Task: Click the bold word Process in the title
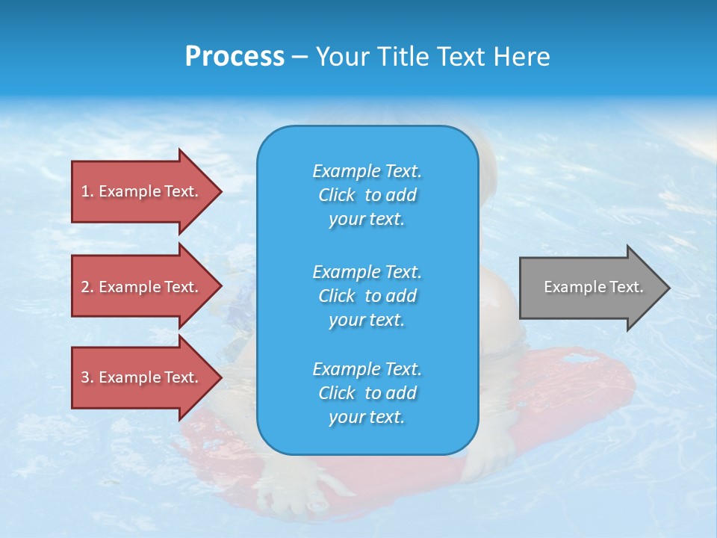(x=235, y=57)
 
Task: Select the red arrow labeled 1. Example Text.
(x=142, y=191)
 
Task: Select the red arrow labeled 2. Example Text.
(x=142, y=287)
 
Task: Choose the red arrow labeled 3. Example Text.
(x=142, y=377)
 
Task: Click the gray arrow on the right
(x=590, y=287)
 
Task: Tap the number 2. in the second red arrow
(x=87, y=287)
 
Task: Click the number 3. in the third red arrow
(x=87, y=377)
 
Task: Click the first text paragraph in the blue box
(x=367, y=195)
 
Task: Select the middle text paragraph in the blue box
(x=367, y=296)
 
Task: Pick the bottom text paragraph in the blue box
(x=367, y=393)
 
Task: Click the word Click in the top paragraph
(x=337, y=195)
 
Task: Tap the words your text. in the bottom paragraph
(x=367, y=417)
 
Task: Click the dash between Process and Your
(x=299, y=58)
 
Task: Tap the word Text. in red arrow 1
(x=181, y=191)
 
